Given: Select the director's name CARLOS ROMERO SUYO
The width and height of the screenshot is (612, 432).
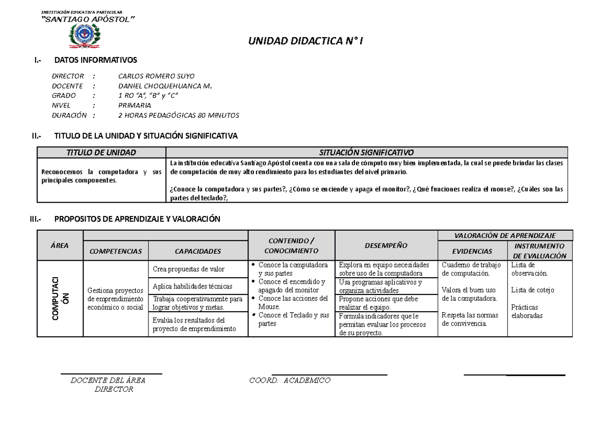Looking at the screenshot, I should [156, 76].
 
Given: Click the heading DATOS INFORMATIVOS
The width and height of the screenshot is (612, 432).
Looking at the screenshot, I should [95, 60].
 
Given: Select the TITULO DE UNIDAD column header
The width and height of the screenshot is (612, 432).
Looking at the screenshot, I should [101, 152].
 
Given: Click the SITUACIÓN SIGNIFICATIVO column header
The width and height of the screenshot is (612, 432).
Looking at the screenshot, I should [366, 152].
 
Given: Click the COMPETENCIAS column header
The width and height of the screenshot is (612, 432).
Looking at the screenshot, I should [115, 251].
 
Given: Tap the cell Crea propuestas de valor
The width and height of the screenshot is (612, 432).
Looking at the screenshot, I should [185, 269].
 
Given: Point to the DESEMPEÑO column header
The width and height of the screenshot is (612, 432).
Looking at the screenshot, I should [386, 246].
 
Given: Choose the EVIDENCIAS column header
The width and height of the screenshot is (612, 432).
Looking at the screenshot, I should [472, 251].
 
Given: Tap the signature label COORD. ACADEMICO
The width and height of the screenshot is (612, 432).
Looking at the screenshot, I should [290, 381].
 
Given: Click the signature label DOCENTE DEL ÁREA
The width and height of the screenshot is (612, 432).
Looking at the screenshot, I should [108, 381].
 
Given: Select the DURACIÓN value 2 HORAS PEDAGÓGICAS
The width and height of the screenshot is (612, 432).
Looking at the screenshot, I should [178, 115].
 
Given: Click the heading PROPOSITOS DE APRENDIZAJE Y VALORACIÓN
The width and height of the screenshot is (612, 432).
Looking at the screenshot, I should [137, 219].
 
